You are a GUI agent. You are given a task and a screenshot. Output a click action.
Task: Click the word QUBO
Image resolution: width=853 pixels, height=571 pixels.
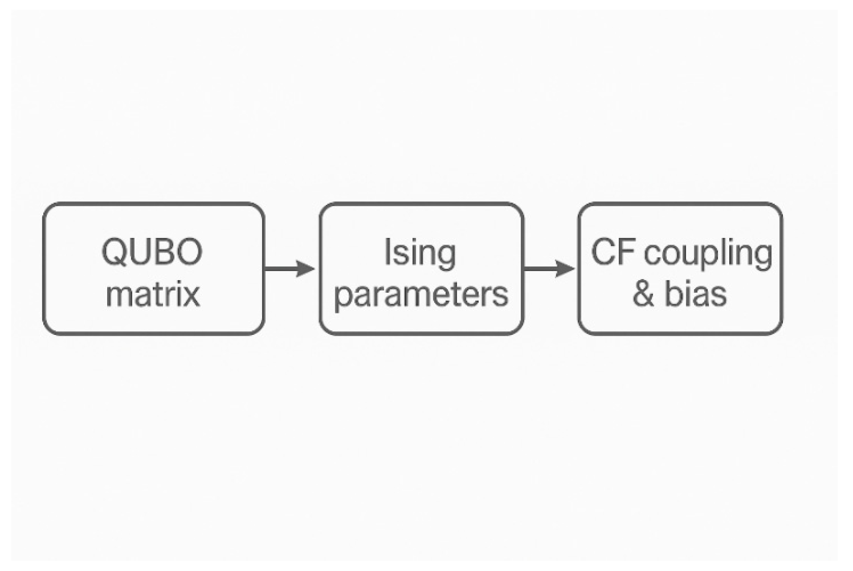[152, 251]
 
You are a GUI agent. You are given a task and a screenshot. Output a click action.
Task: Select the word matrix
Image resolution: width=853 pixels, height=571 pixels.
[153, 294]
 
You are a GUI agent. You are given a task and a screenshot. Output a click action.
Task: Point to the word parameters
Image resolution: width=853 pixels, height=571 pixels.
[421, 295]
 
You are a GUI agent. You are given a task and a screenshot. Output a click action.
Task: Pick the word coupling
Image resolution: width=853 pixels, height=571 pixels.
[708, 254]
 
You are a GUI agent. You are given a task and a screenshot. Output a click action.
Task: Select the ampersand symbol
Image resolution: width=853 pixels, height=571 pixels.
[644, 294]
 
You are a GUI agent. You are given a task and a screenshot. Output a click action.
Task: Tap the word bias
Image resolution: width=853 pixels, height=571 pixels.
[696, 294]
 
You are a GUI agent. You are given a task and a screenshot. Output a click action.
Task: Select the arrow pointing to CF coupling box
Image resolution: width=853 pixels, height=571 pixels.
[548, 269]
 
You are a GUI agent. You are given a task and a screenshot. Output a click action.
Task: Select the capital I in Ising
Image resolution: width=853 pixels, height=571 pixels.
[388, 251]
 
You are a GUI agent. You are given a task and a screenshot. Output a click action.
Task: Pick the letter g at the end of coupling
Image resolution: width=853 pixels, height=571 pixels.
[763, 256]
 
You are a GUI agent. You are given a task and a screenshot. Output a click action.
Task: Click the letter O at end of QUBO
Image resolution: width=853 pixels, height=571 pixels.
[190, 251]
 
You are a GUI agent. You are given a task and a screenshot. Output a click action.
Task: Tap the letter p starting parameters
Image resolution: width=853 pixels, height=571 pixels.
[343, 297]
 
